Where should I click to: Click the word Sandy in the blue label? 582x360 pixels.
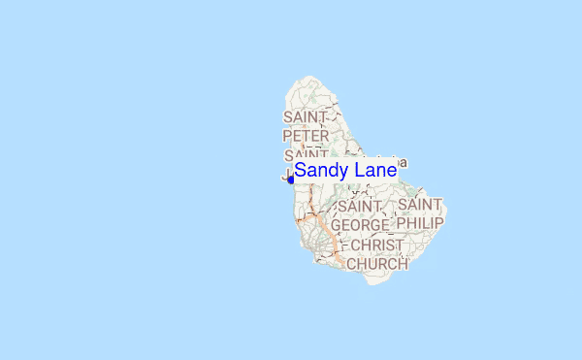tap(323, 171)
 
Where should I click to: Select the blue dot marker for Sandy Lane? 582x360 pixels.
tap(290, 179)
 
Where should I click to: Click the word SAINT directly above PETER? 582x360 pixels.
tap(306, 117)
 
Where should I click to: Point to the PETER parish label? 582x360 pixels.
tap(306, 136)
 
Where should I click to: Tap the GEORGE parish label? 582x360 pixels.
tap(360, 225)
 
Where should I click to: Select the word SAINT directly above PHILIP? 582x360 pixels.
tap(420, 206)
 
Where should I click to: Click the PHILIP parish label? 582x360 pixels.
tap(420, 223)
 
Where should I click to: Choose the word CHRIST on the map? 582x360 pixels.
tap(376, 245)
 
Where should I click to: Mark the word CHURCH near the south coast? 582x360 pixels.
tap(377, 263)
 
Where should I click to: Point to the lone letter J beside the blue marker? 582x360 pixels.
tap(285, 177)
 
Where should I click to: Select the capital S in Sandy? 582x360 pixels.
tap(301, 171)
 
